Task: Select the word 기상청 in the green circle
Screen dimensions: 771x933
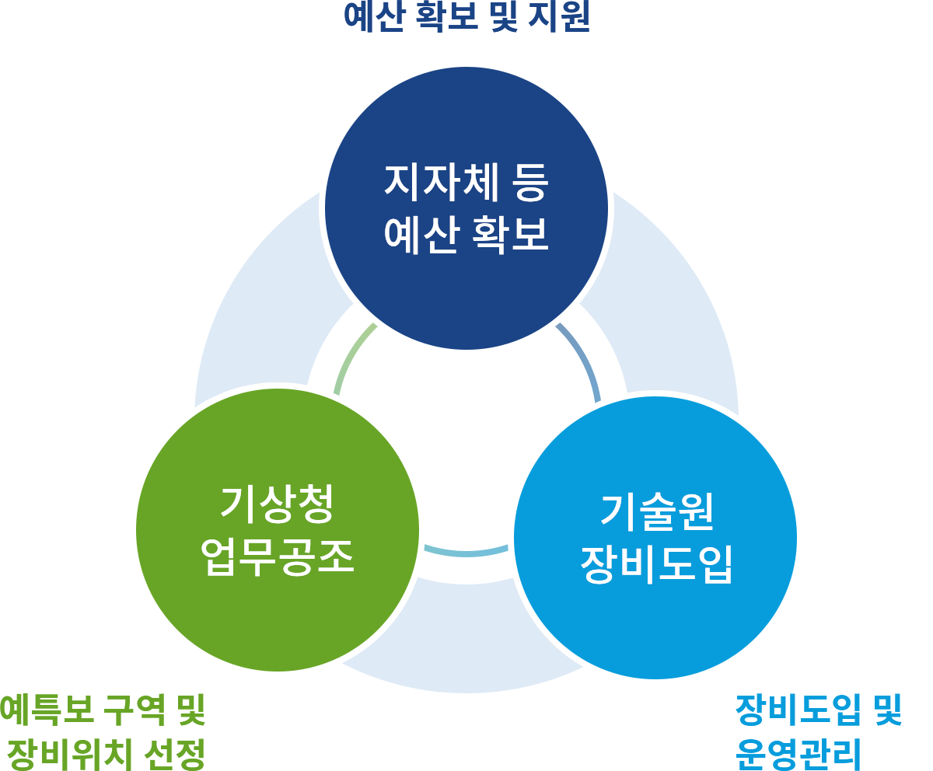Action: [278, 504]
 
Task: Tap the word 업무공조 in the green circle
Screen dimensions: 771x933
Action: [278, 556]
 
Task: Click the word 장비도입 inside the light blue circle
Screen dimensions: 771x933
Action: [657, 564]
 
